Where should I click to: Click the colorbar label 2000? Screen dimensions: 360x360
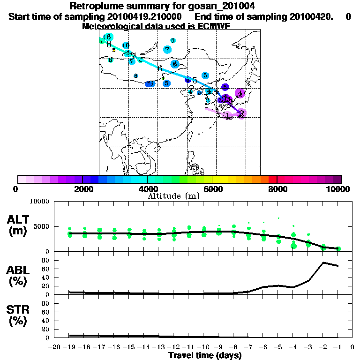82,189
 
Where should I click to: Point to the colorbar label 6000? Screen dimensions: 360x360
212,189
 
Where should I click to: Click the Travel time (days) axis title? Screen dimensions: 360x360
205,356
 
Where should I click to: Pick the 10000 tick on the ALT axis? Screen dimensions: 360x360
41,202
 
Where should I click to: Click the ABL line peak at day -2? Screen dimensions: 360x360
323,262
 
